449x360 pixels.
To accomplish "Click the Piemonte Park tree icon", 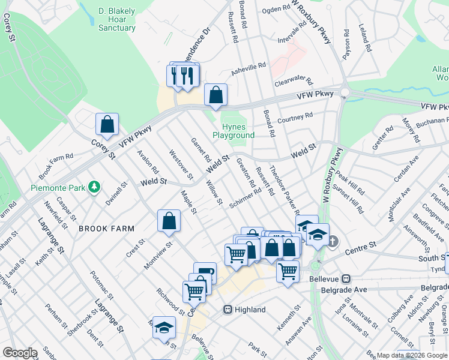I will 94,187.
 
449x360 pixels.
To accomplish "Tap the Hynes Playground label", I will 234,131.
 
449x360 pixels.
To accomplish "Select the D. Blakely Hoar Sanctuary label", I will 116,19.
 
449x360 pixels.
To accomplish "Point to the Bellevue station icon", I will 346,279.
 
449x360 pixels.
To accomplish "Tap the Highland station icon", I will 228,310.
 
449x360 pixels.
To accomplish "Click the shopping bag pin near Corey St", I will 107,124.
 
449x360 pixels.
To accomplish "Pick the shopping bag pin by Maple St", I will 169,220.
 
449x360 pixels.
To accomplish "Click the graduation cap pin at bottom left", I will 163,327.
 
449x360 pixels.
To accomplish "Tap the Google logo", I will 20,353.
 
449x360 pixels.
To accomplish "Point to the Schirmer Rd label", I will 245,198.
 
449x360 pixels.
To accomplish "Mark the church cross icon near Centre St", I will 334,241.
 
